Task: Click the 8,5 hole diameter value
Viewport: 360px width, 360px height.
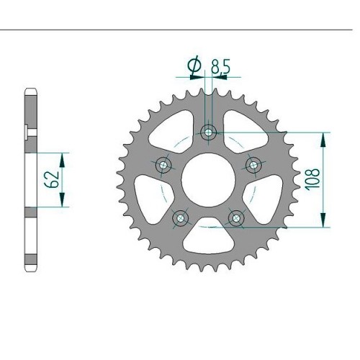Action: tap(220, 66)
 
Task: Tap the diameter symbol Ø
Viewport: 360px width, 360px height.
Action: tap(194, 64)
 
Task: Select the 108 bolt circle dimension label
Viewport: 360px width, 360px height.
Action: tap(312, 179)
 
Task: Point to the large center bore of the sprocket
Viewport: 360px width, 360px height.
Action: tap(208, 180)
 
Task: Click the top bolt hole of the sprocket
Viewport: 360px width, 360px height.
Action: tap(209, 132)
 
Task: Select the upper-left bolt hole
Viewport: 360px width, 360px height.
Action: tap(163, 165)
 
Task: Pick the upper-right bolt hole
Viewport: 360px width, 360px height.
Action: tap(253, 165)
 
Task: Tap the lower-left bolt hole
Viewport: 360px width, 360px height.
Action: tap(181, 218)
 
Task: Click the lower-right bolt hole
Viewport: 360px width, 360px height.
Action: tap(236, 218)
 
